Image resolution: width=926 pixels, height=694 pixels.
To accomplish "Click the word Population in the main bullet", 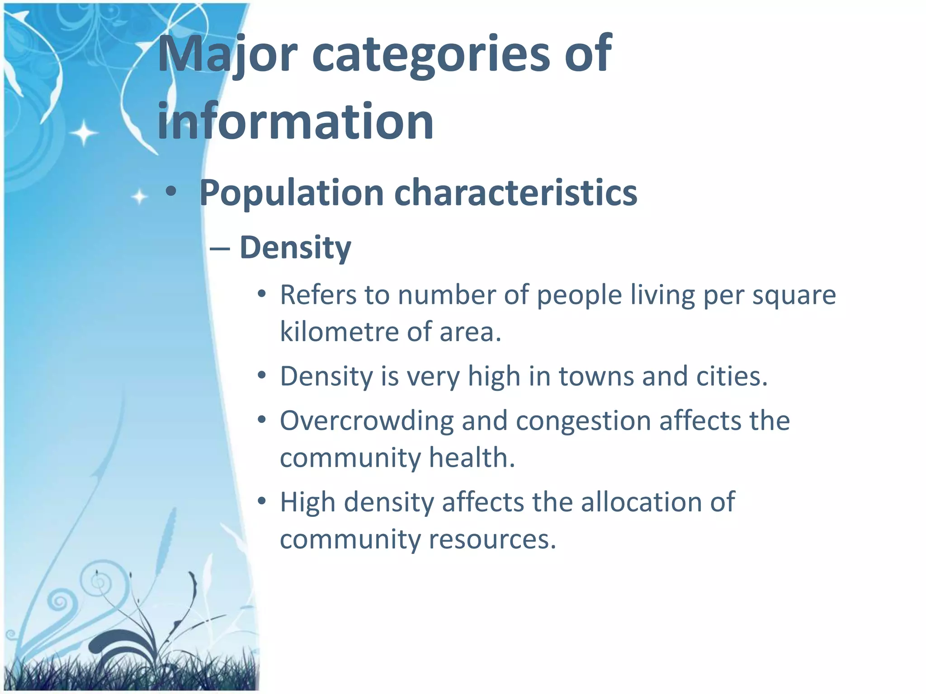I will [x=292, y=193].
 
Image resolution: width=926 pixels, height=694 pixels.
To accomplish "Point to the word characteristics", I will [x=515, y=192].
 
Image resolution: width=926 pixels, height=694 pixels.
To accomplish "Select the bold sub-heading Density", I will [x=295, y=248].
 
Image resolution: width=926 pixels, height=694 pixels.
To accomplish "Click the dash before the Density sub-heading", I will [x=220, y=249].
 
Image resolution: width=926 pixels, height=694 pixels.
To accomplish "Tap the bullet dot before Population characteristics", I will [x=170, y=192].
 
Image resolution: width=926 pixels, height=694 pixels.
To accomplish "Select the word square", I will [x=794, y=296].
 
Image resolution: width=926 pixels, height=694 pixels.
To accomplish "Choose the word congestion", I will [x=583, y=421].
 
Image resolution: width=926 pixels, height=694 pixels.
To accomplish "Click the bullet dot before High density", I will [x=261, y=501].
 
